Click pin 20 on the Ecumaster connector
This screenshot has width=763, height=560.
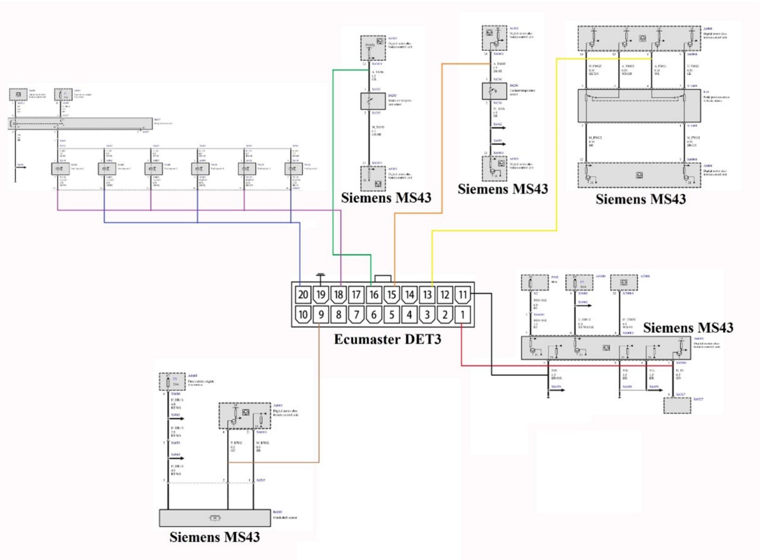[303, 295]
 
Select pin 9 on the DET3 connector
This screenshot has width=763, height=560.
[321, 315]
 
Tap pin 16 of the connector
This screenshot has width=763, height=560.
[374, 295]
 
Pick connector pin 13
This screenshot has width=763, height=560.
[427, 295]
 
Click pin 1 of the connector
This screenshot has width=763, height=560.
[462, 315]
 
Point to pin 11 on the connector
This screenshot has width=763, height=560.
[462, 295]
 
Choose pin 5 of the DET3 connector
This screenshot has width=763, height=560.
[391, 315]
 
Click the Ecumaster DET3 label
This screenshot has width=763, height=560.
[387, 339]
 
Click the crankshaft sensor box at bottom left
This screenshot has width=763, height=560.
[215, 518]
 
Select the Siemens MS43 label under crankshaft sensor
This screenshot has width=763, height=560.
[215, 537]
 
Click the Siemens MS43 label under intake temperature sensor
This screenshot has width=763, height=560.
[386, 198]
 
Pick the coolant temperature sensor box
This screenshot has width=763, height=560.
[494, 91]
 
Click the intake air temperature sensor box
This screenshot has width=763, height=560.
[373, 101]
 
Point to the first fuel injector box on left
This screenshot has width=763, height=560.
[60, 169]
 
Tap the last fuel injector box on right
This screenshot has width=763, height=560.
[293, 169]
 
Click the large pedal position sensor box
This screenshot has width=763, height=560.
[639, 106]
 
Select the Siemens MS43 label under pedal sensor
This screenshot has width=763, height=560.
[641, 199]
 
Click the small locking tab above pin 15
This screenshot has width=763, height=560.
[383, 279]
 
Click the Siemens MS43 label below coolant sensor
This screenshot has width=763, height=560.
[502, 189]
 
